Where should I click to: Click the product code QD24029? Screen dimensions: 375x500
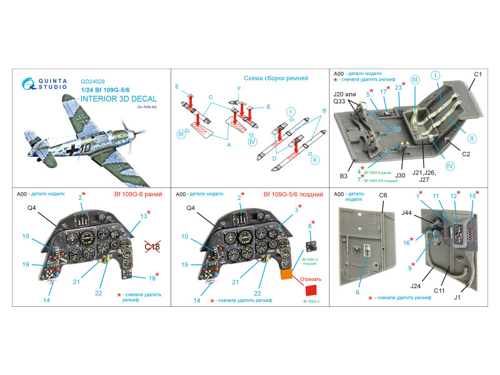94,80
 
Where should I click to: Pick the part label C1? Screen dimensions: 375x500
477,75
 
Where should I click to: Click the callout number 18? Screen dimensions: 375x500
152,278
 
